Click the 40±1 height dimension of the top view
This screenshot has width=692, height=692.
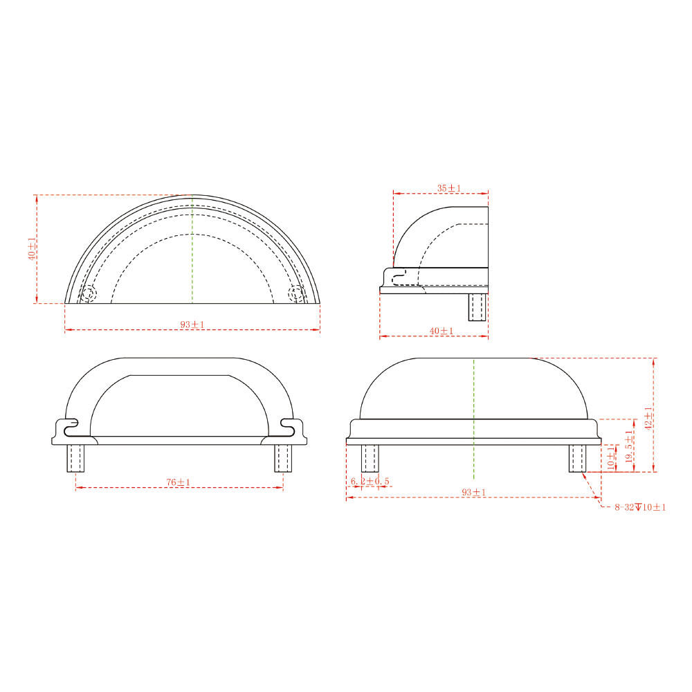32,248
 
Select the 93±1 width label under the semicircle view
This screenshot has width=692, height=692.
192,325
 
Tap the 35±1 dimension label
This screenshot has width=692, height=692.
449,188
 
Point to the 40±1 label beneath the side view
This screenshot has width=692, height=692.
441,331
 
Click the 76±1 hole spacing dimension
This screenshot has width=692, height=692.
179,482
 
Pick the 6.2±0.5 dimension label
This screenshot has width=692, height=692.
370,481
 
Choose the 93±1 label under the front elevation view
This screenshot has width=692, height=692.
473,492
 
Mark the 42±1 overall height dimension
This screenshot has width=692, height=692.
648,419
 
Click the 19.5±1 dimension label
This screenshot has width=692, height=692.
628,446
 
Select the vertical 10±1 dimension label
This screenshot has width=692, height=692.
610,457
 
